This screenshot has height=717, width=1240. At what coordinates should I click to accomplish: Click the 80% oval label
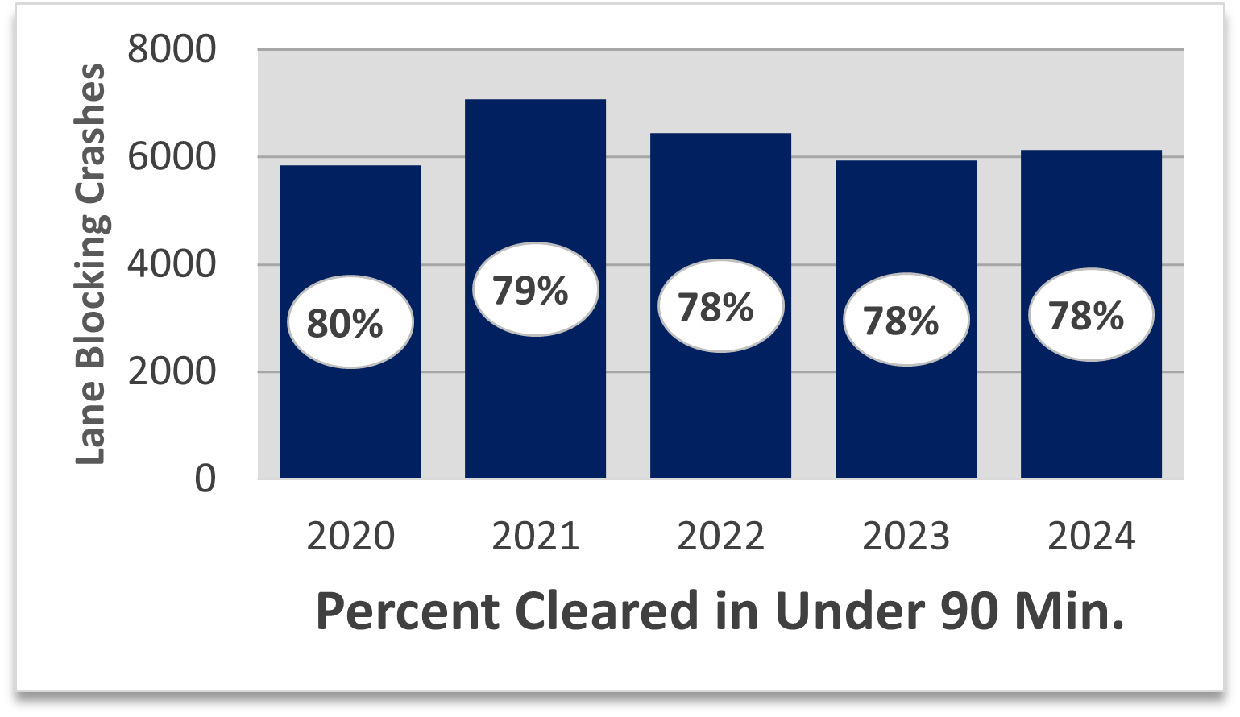click(350, 323)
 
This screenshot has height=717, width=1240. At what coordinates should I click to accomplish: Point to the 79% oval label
click(535, 289)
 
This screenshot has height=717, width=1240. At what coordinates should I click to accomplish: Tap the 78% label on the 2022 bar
click(720, 307)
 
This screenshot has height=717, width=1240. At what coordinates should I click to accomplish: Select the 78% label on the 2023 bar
click(906, 321)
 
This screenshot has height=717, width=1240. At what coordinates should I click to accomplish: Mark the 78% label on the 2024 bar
click(1091, 315)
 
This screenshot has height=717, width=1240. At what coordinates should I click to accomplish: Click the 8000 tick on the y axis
click(172, 50)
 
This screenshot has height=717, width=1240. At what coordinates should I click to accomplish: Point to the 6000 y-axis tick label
click(172, 157)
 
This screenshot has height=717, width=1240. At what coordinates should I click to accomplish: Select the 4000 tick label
click(172, 264)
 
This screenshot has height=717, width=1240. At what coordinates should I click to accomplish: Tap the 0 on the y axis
click(205, 479)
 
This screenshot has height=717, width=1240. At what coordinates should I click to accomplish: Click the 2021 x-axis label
click(535, 537)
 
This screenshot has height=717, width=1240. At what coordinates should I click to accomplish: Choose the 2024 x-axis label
click(1091, 537)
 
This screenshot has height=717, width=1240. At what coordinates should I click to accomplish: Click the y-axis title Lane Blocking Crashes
click(90, 264)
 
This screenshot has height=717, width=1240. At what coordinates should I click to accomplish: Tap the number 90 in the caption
click(964, 611)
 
